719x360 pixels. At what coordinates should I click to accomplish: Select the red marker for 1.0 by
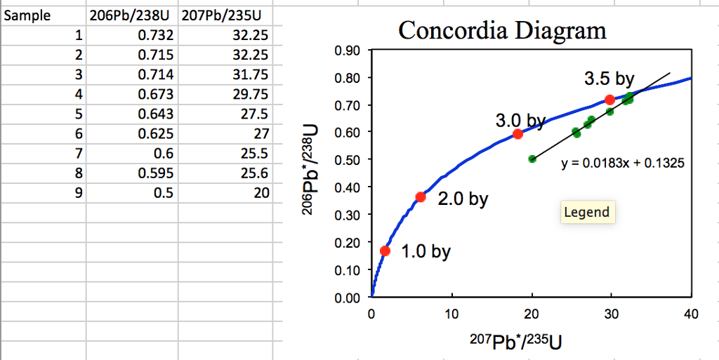[385, 251]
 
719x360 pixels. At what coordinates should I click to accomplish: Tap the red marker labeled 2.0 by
[421, 197]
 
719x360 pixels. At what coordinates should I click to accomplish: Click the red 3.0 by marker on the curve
[517, 134]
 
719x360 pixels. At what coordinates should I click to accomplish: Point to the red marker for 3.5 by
[609, 100]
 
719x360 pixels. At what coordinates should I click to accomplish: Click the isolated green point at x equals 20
[532, 159]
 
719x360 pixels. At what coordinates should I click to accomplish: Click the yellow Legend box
[586, 213]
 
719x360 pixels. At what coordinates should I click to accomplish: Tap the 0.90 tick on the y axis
[349, 51]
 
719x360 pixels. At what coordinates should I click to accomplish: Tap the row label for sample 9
[78, 193]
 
